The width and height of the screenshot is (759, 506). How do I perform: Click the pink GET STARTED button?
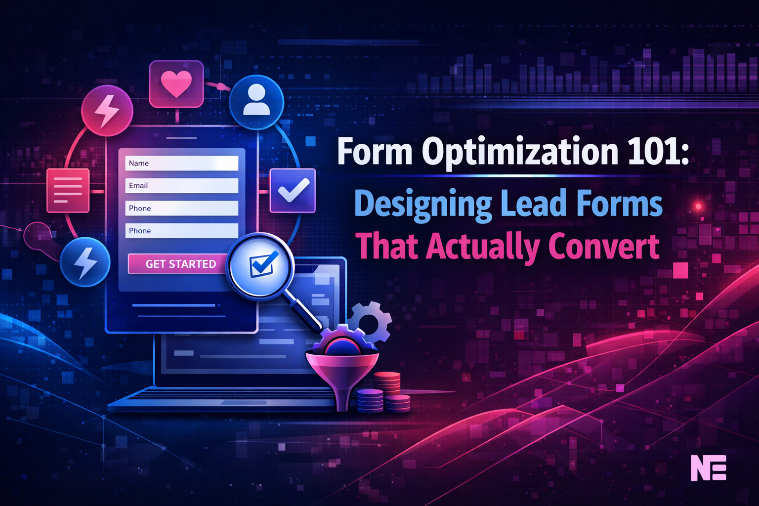click(x=180, y=264)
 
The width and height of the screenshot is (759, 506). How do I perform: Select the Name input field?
click(x=181, y=163)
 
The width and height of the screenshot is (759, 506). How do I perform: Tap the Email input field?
click(x=181, y=186)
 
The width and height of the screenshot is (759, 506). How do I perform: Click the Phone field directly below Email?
click(x=181, y=208)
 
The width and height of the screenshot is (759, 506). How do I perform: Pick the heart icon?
click(x=176, y=84)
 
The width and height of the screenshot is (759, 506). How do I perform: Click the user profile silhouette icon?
click(x=256, y=102)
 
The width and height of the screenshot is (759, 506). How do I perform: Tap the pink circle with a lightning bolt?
click(x=107, y=110)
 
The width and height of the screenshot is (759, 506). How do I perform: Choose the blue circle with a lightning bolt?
click(x=85, y=262)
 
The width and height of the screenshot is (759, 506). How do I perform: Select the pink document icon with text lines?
click(x=68, y=190)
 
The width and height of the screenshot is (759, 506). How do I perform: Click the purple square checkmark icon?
click(x=293, y=191)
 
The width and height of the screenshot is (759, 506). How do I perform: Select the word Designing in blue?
click(x=423, y=204)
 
